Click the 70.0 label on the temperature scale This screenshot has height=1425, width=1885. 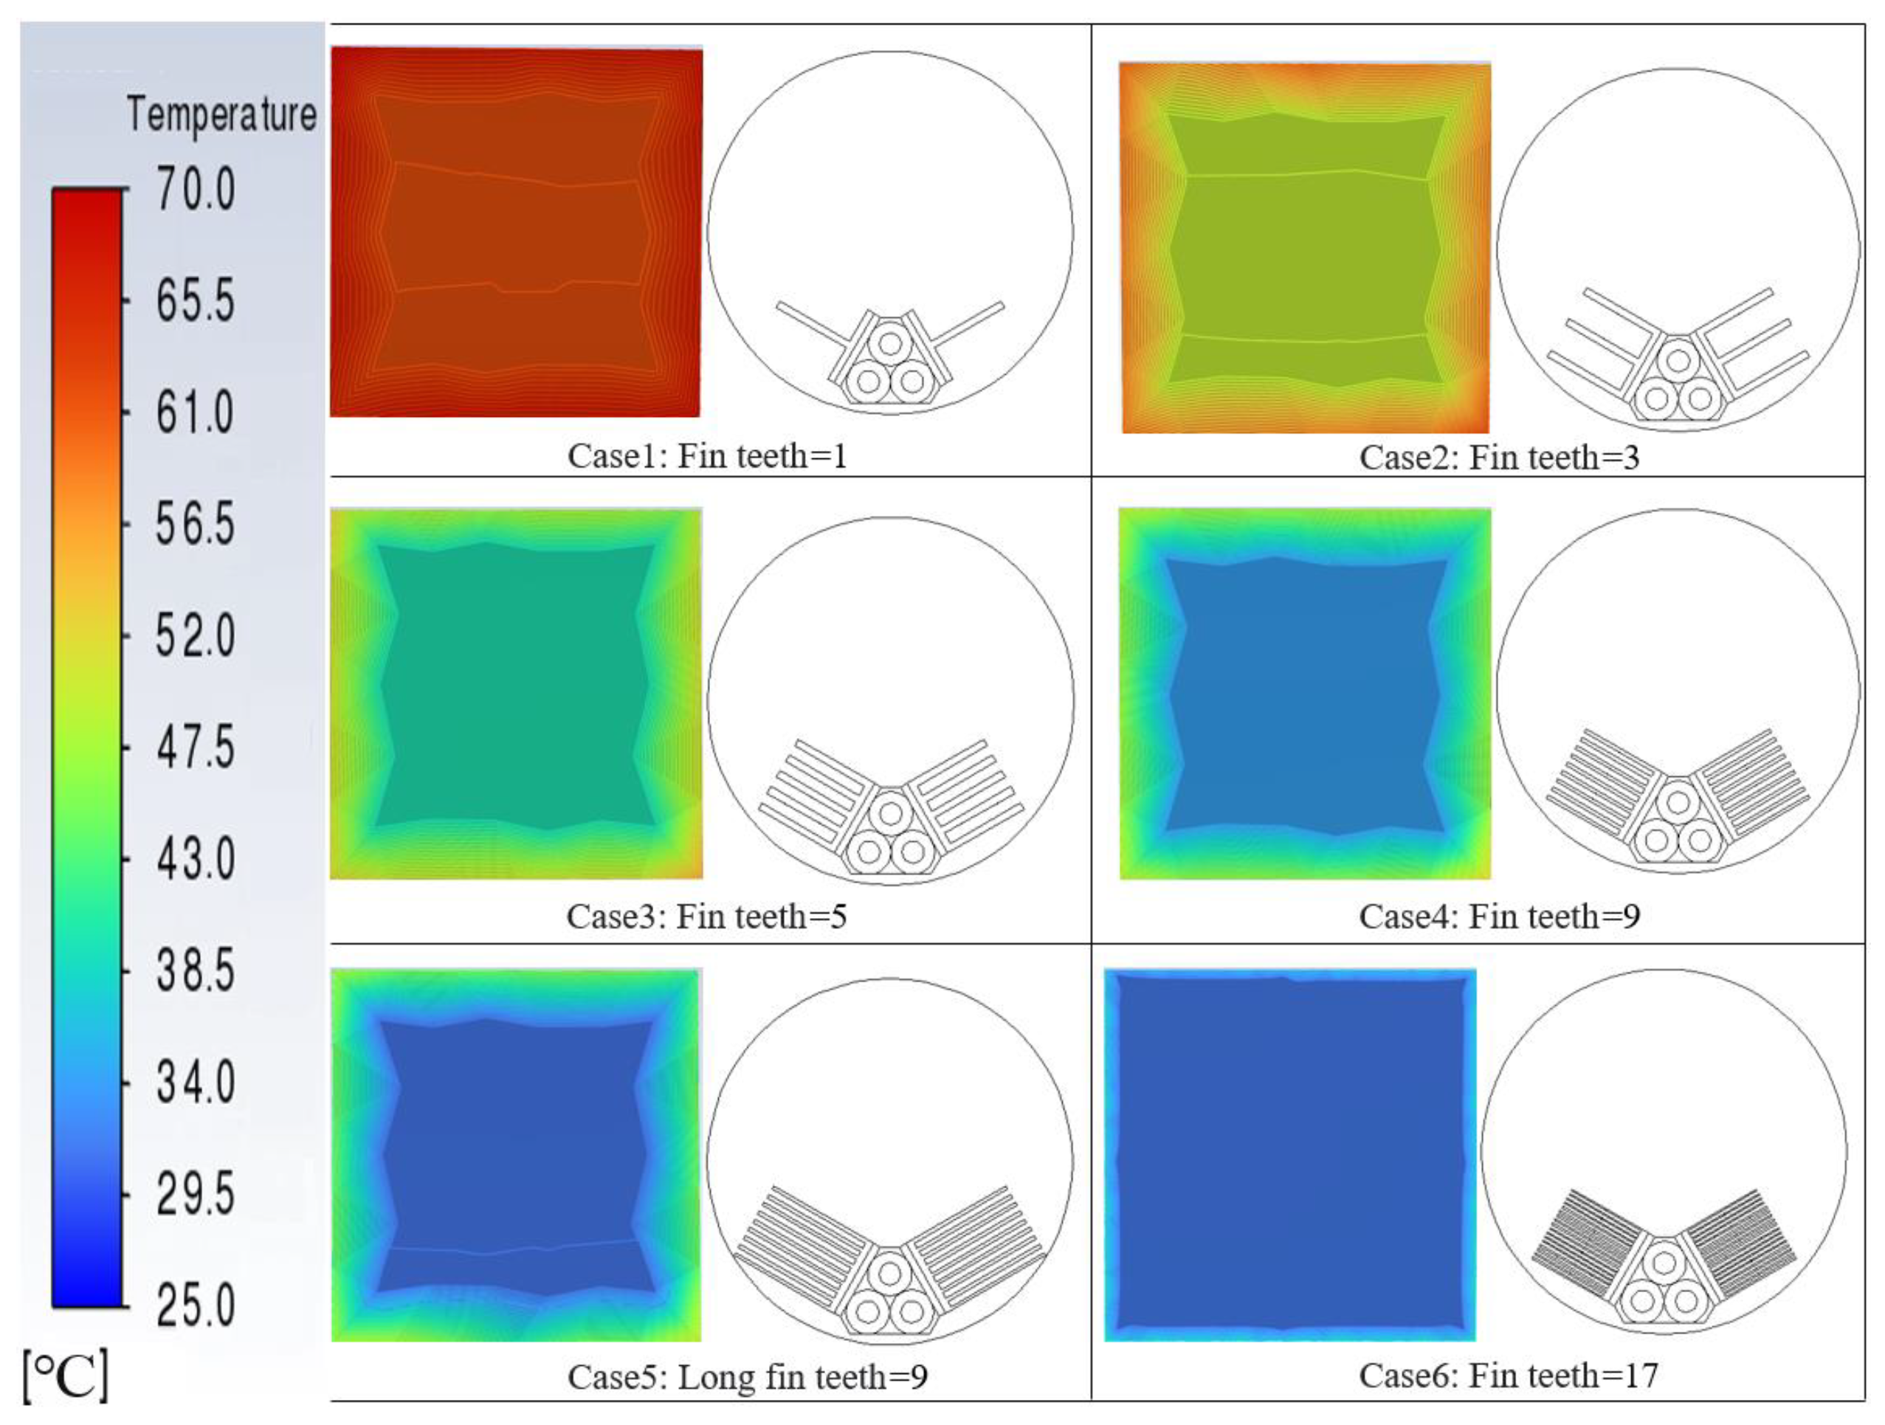[195, 188]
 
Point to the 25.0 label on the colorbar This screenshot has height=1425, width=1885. [195, 1305]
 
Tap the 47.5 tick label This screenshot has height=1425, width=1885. [195, 748]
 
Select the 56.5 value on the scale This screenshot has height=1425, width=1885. [195, 523]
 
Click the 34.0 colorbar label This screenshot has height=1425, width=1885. [195, 1083]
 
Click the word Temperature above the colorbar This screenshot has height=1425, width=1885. [221, 114]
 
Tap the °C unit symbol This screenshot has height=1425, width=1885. [66, 1374]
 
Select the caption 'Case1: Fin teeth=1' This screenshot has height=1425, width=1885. [707, 456]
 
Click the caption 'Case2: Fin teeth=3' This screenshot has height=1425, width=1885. [1499, 458]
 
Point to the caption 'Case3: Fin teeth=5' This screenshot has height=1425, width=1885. [707, 917]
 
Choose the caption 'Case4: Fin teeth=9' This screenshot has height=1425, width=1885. [1500, 917]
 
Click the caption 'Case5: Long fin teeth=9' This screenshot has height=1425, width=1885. [748, 1376]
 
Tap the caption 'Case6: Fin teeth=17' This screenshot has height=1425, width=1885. [1509, 1375]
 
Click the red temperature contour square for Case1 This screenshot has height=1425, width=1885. [516, 232]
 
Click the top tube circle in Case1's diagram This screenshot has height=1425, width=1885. [891, 345]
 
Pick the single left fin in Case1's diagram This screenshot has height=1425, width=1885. [810, 322]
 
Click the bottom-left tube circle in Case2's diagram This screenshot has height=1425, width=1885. [1657, 398]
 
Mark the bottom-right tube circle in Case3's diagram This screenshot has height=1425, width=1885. [912, 852]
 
